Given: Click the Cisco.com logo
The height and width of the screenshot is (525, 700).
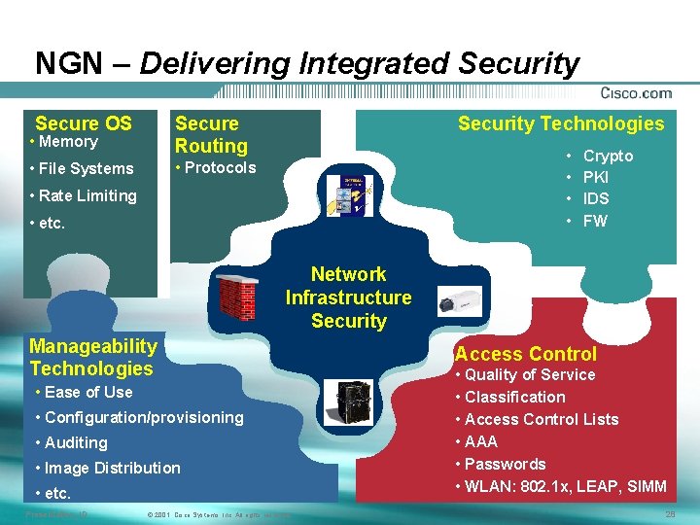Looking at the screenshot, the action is pyautogui.click(x=636, y=93).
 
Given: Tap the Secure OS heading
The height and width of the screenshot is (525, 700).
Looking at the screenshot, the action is pyautogui.click(x=84, y=123).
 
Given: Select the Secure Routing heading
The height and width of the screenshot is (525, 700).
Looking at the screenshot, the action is pyautogui.click(x=211, y=135).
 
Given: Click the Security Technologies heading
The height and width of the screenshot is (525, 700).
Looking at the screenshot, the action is pyautogui.click(x=561, y=123).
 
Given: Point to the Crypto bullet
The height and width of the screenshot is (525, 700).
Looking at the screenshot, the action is pyautogui.click(x=608, y=156).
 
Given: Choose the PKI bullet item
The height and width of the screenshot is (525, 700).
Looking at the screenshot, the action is pyautogui.click(x=596, y=177).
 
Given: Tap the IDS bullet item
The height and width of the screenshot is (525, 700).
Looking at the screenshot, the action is pyautogui.click(x=596, y=198).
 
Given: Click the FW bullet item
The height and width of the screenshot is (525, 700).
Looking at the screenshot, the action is pyautogui.click(x=595, y=221).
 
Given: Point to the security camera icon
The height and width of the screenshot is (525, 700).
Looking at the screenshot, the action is pyautogui.click(x=459, y=299).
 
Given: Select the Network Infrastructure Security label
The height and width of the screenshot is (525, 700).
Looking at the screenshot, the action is pyautogui.click(x=348, y=297).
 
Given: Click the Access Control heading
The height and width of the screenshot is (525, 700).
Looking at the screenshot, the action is pyautogui.click(x=526, y=354).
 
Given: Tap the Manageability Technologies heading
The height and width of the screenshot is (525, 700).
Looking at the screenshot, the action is pyautogui.click(x=92, y=357).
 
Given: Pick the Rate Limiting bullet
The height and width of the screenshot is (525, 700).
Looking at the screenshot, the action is pyautogui.click(x=84, y=195).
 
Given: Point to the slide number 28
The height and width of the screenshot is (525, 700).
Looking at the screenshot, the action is pyautogui.click(x=669, y=513).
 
